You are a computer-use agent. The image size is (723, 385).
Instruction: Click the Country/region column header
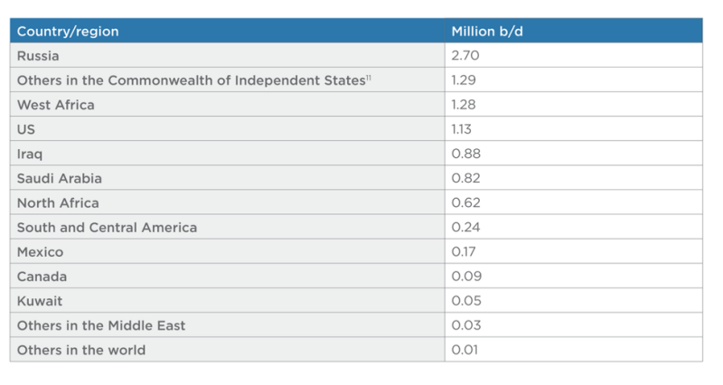click(68, 32)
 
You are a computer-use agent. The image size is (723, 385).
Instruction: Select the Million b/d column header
click(488, 32)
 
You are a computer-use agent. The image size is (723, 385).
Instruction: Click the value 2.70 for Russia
click(465, 56)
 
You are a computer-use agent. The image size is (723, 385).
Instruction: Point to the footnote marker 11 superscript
click(370, 78)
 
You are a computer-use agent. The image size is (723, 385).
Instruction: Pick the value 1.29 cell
click(465, 80)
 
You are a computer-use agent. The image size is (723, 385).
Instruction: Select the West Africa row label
click(55, 105)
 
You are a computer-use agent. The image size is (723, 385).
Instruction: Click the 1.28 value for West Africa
click(465, 105)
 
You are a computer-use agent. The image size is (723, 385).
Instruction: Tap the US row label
click(26, 129)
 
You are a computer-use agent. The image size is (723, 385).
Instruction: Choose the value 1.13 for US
click(464, 129)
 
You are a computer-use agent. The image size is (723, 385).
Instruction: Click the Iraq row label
click(30, 154)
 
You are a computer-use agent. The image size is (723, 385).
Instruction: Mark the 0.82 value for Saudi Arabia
click(465, 178)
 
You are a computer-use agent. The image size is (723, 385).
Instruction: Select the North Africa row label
click(58, 202)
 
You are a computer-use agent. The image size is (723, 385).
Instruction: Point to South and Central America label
click(107, 227)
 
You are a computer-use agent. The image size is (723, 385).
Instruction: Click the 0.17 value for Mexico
click(465, 252)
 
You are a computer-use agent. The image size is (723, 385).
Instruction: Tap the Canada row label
click(42, 277)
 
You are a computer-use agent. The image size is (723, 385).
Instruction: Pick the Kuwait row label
click(40, 301)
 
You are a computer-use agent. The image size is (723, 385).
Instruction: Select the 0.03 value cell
click(465, 325)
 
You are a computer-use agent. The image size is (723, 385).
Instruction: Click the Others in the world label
click(81, 350)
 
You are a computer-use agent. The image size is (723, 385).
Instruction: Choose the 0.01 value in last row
click(465, 350)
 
